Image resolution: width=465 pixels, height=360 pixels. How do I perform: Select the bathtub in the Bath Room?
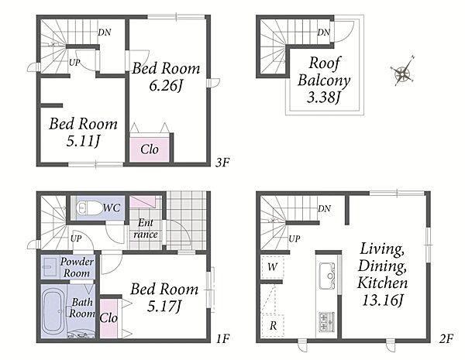tap(53, 313)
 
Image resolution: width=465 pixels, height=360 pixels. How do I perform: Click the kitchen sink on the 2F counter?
tap(327, 276)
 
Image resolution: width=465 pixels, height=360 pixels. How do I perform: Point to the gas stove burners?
tap(327, 322)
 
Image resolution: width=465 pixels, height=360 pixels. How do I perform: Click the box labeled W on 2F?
tap(273, 267)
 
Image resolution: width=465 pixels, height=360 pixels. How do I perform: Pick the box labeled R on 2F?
tap(273, 325)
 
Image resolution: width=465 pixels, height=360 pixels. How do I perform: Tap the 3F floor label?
tap(222, 162)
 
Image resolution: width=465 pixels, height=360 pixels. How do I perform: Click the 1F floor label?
tap(222, 338)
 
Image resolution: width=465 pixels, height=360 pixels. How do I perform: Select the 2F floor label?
tap(446, 338)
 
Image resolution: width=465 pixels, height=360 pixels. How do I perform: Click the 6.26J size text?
tap(166, 86)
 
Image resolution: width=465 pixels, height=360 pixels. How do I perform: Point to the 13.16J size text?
tap(382, 300)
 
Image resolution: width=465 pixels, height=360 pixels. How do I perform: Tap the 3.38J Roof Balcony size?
tap(323, 97)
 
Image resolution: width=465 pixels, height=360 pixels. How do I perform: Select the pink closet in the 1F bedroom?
tap(108, 318)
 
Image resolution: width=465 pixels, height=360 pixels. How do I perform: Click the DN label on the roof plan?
tap(323, 32)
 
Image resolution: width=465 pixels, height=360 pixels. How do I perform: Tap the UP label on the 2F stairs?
tap(294, 238)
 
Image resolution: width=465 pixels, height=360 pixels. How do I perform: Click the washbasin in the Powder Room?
tap(50, 266)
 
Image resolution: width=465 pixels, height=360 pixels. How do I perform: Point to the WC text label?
tap(112, 207)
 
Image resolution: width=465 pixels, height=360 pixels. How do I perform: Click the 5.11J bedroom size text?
tap(83, 141)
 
